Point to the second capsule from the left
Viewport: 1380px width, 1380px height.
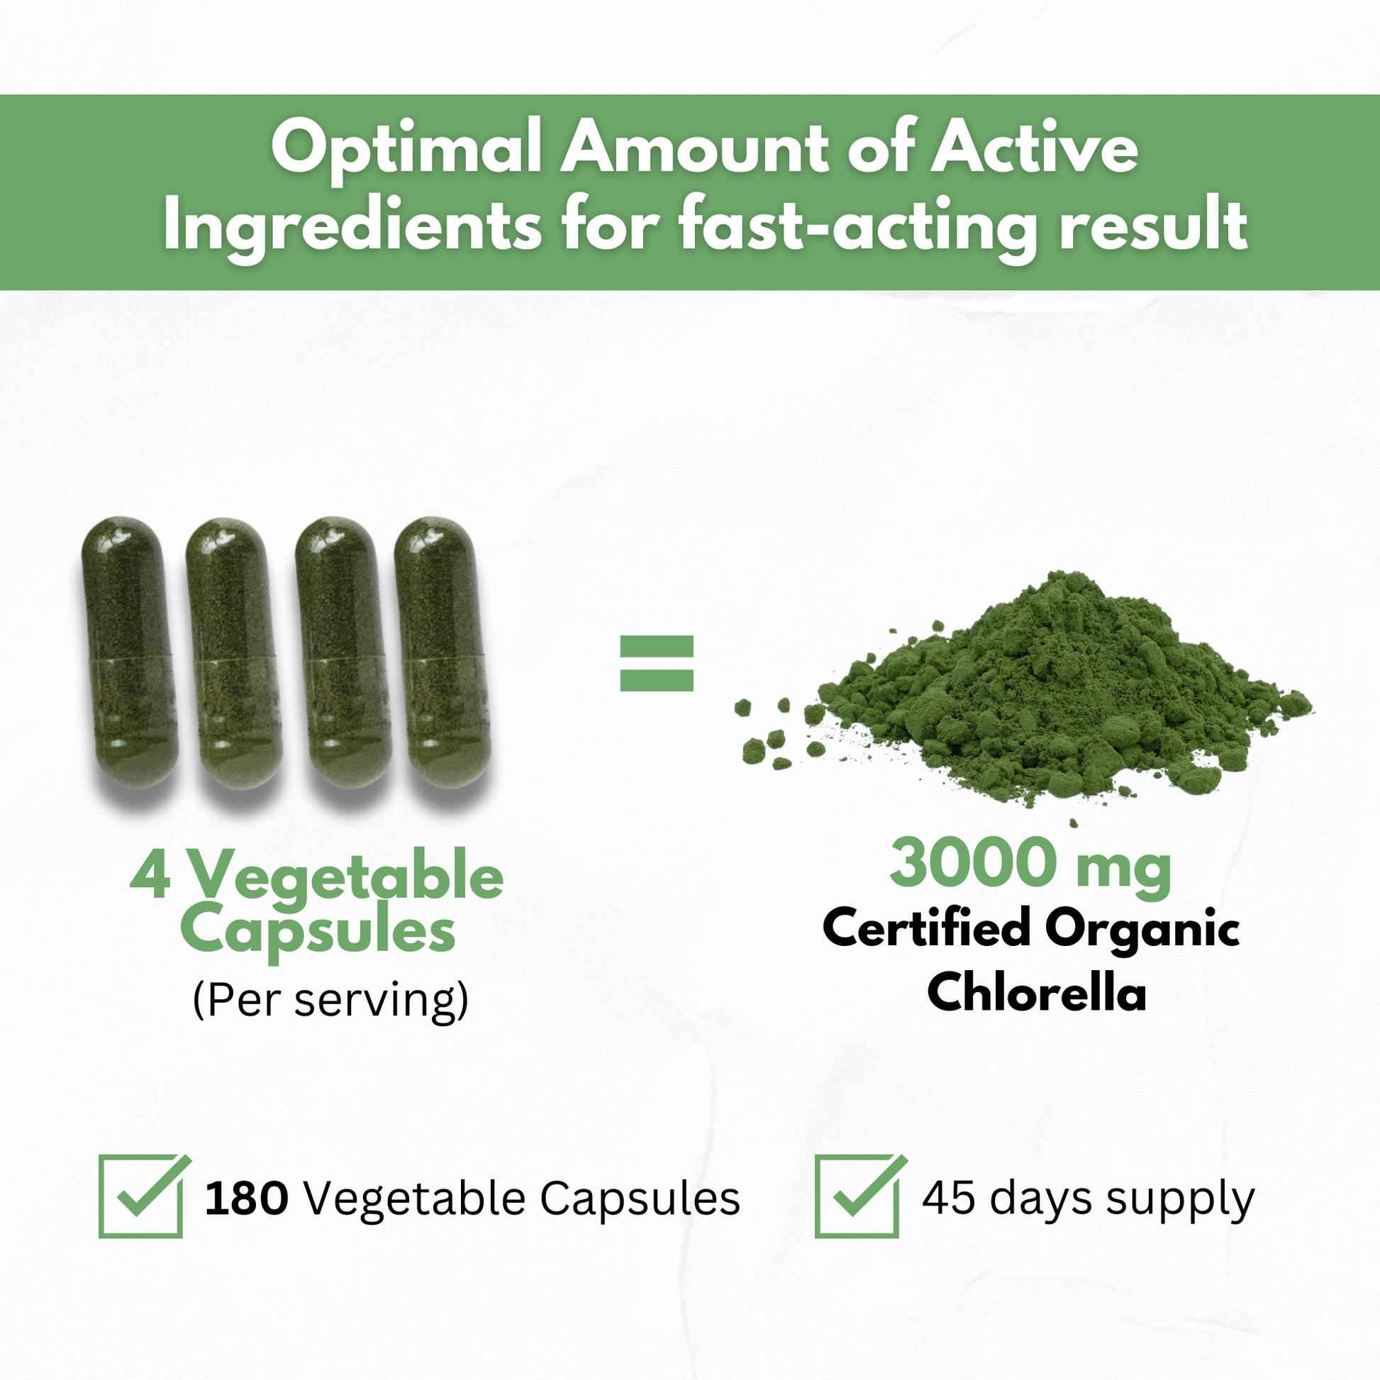tap(233, 653)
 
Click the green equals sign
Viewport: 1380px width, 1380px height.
tap(657, 664)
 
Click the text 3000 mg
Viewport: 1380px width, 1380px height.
tap(1030, 865)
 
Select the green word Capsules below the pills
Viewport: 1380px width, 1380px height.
tap(318, 931)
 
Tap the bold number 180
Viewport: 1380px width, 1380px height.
tap(247, 1198)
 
